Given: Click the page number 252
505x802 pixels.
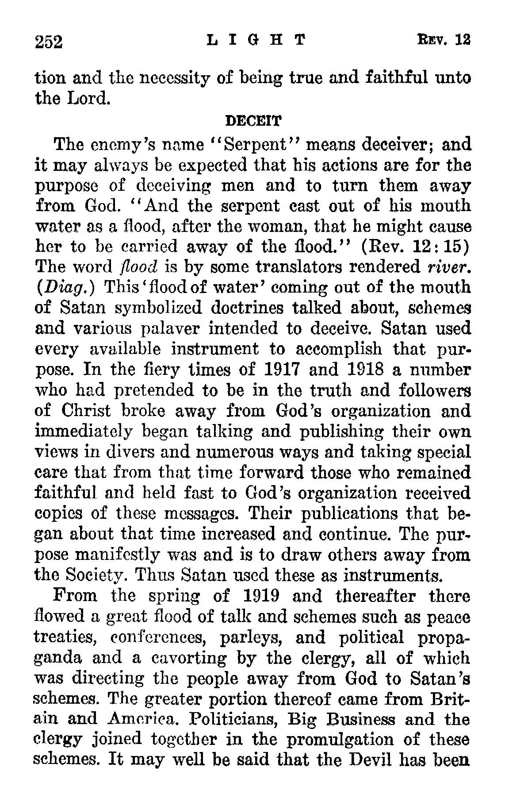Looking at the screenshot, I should pyautogui.click(x=50, y=42).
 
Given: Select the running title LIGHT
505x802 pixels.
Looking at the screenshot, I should pyautogui.click(x=256, y=41).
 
